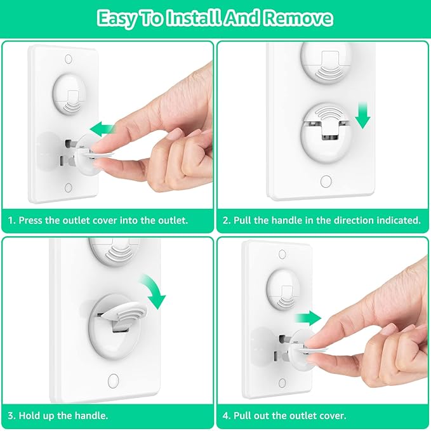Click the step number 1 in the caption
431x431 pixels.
click(x=11, y=221)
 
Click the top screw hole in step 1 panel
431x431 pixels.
click(x=69, y=60)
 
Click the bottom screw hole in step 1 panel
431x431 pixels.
click(x=69, y=189)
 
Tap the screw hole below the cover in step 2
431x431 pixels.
click(x=326, y=182)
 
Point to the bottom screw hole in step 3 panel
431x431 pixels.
click(x=114, y=381)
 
